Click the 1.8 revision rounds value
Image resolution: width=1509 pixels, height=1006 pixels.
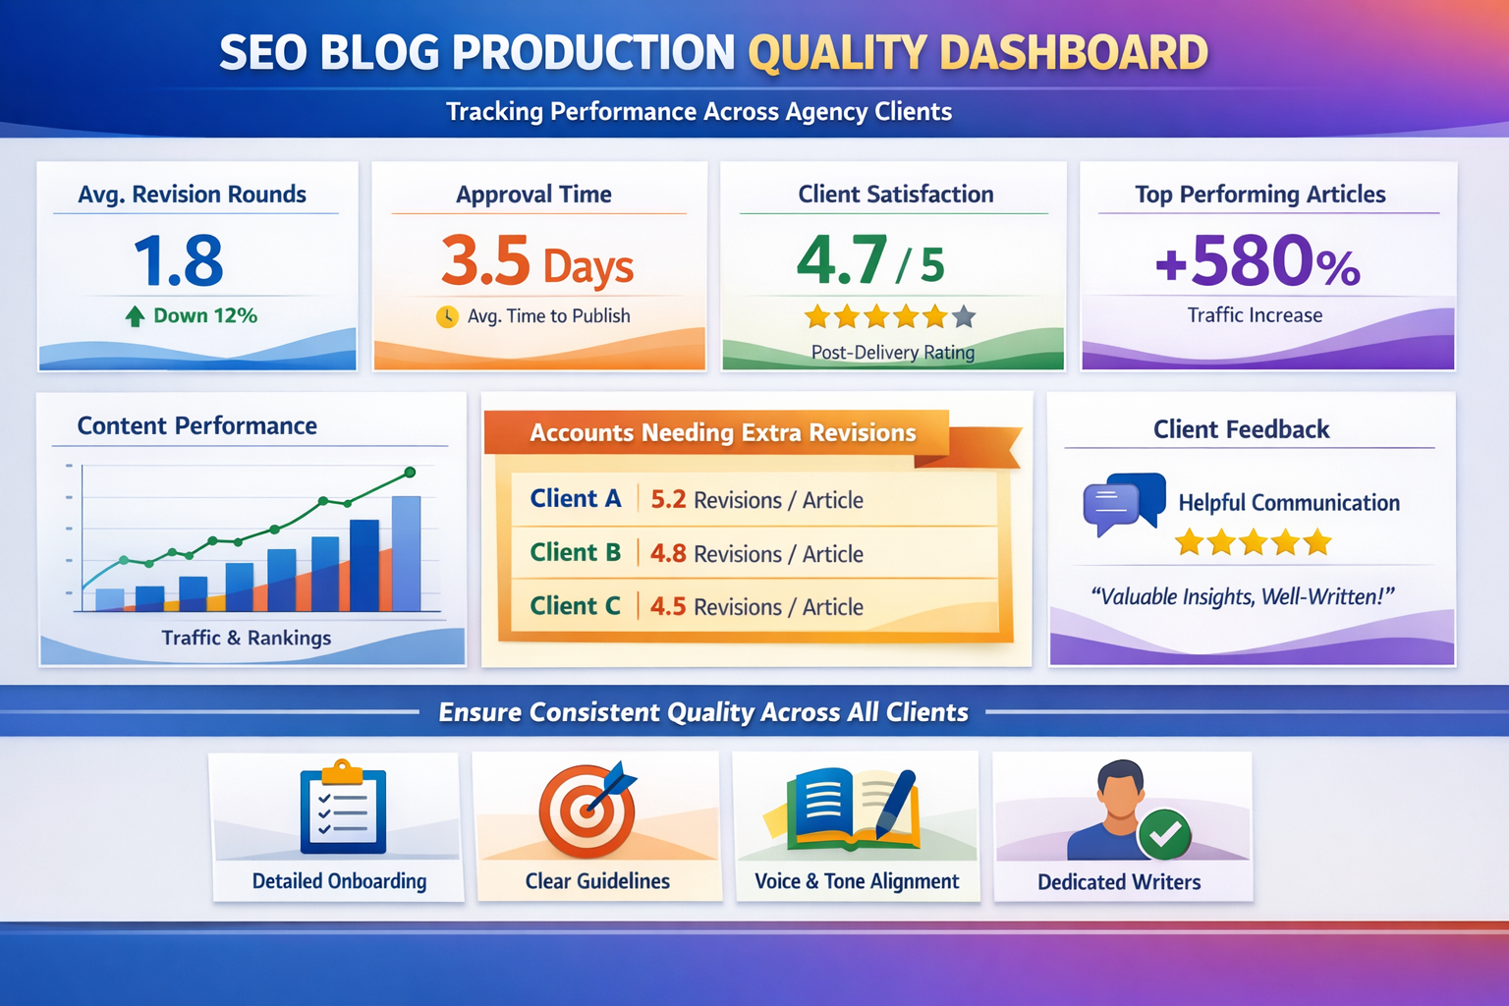pyautogui.click(x=179, y=261)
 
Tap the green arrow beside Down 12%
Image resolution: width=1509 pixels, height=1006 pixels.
pyautogui.click(x=136, y=316)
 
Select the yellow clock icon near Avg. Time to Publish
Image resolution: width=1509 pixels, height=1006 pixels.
pyautogui.click(x=447, y=316)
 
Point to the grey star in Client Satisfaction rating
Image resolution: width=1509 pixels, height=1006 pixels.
pyautogui.click(x=964, y=316)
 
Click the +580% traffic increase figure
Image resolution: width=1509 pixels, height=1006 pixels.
pyautogui.click(x=1257, y=262)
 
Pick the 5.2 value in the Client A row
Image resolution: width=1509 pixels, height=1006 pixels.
pyautogui.click(x=668, y=499)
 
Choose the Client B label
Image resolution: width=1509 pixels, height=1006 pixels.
pyautogui.click(x=576, y=553)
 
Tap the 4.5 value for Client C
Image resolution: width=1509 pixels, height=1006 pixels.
pyautogui.click(x=668, y=606)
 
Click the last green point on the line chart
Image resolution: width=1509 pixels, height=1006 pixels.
pyautogui.click(x=410, y=473)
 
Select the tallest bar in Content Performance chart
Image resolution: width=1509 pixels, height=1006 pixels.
pyautogui.click(x=406, y=553)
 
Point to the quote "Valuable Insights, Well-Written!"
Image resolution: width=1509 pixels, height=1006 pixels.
pyautogui.click(x=1243, y=596)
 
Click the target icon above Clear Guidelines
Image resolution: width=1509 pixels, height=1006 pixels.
pyautogui.click(x=587, y=808)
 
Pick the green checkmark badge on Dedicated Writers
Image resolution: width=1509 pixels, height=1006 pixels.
pyautogui.click(x=1164, y=834)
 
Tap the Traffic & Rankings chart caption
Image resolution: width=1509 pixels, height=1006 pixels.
pyautogui.click(x=247, y=638)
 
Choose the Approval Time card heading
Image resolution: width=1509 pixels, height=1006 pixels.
pyautogui.click(x=533, y=195)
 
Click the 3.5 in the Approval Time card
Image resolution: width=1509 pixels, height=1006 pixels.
pyautogui.click(x=485, y=261)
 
